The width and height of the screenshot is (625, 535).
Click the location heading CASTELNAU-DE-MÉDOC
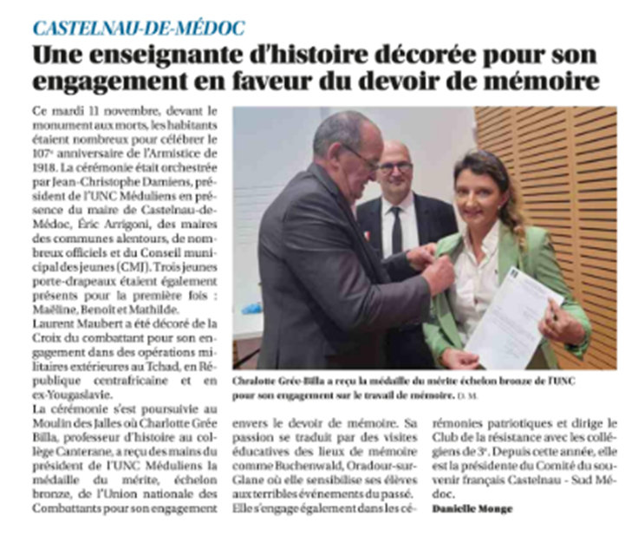click(139, 27)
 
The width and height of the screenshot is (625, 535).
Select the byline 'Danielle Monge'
click(472, 508)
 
